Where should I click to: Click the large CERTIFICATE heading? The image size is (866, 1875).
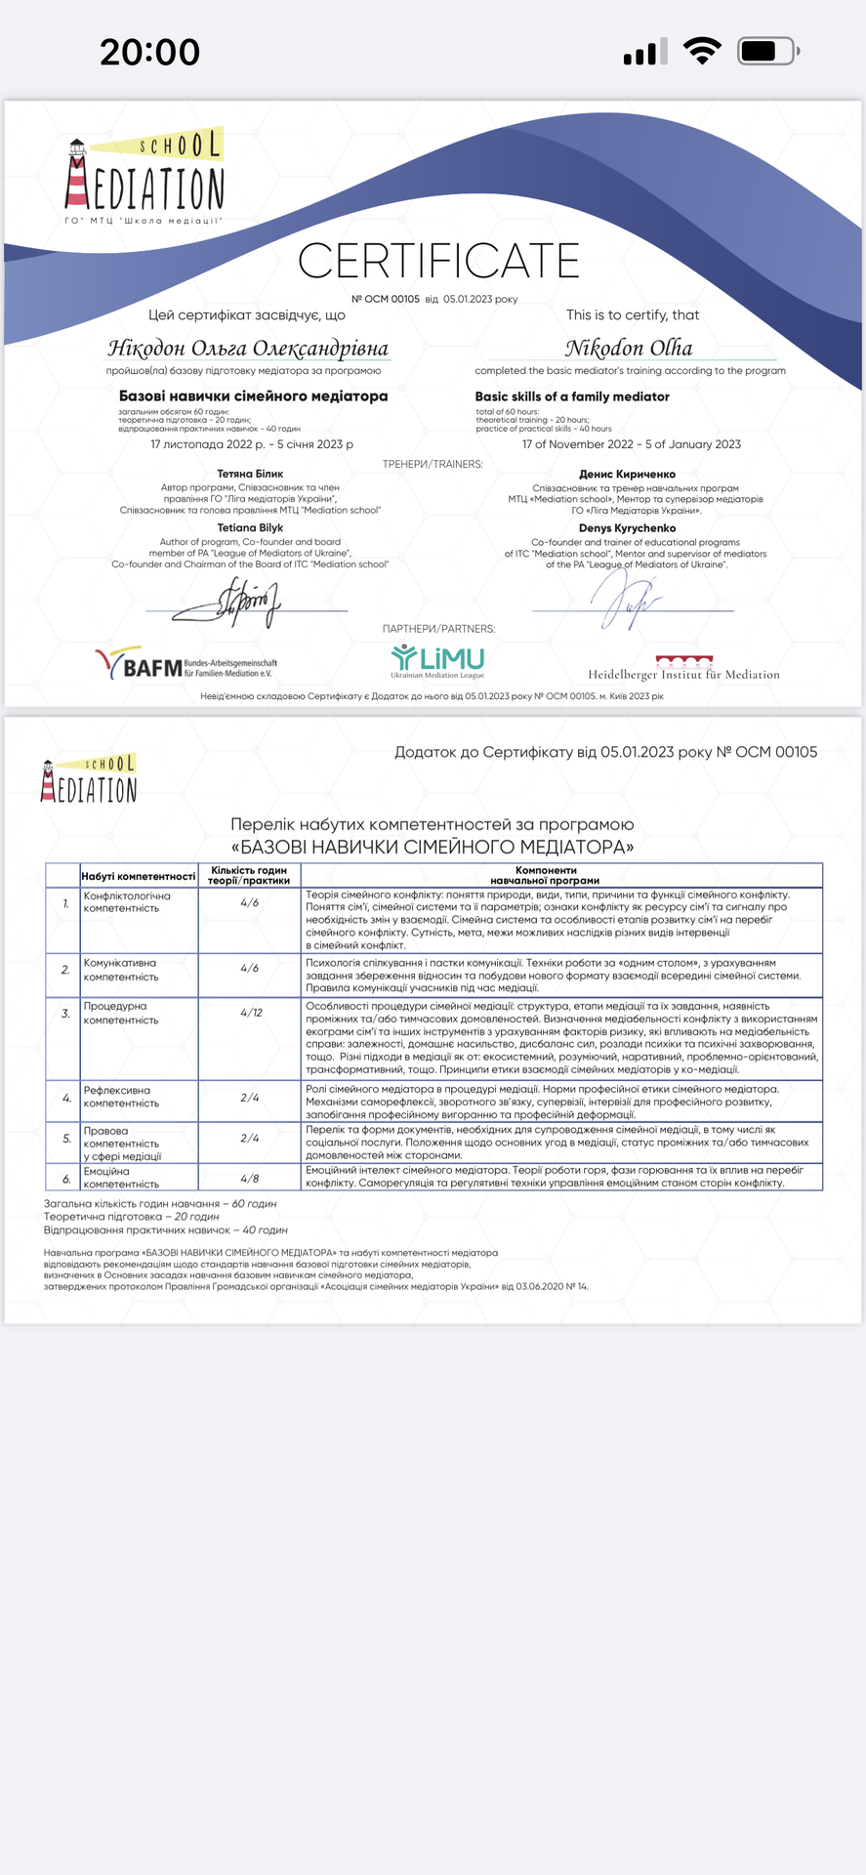click(438, 261)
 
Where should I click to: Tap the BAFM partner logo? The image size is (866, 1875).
click(186, 665)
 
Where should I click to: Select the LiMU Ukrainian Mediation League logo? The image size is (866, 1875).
click(437, 661)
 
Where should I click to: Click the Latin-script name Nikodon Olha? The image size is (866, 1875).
click(629, 348)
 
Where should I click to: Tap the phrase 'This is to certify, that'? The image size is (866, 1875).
click(633, 314)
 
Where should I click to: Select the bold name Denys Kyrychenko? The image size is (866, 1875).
click(627, 528)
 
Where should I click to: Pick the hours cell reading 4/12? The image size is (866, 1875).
click(250, 1013)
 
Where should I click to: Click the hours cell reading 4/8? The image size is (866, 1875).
click(250, 1179)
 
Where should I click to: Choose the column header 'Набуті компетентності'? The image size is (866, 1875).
click(139, 876)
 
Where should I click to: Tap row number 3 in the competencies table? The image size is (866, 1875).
click(65, 1014)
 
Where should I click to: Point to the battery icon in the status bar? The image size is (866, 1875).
click(768, 51)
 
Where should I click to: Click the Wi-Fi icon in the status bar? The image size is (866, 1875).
click(702, 51)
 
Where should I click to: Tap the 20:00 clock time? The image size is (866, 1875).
click(149, 52)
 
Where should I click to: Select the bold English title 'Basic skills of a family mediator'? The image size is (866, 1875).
click(572, 396)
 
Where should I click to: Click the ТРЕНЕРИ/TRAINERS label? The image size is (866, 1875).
click(433, 464)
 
